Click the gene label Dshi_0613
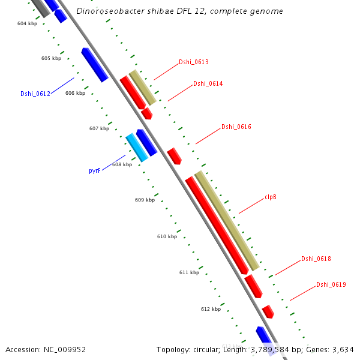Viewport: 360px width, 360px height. coord(193,62)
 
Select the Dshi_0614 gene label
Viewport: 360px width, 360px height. coord(208,83)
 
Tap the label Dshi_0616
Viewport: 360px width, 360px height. coord(236,127)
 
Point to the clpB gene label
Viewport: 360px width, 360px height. coord(270,197)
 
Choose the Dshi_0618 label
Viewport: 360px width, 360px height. coord(316,259)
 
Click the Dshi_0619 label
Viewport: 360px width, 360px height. coord(331,284)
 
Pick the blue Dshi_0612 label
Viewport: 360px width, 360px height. coord(35,93)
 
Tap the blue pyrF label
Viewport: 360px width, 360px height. coord(94,170)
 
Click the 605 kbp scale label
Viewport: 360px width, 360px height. coord(51,58)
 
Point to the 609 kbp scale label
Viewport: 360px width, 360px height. coord(145,200)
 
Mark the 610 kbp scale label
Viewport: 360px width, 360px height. coord(167,236)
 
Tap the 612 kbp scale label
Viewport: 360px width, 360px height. coord(211,309)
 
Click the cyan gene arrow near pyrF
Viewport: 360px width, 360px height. coord(136,148)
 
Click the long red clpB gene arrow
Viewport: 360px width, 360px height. coord(217,226)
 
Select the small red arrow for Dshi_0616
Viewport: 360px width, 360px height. coord(174,156)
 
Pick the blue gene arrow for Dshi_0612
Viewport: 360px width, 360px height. coord(94,65)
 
